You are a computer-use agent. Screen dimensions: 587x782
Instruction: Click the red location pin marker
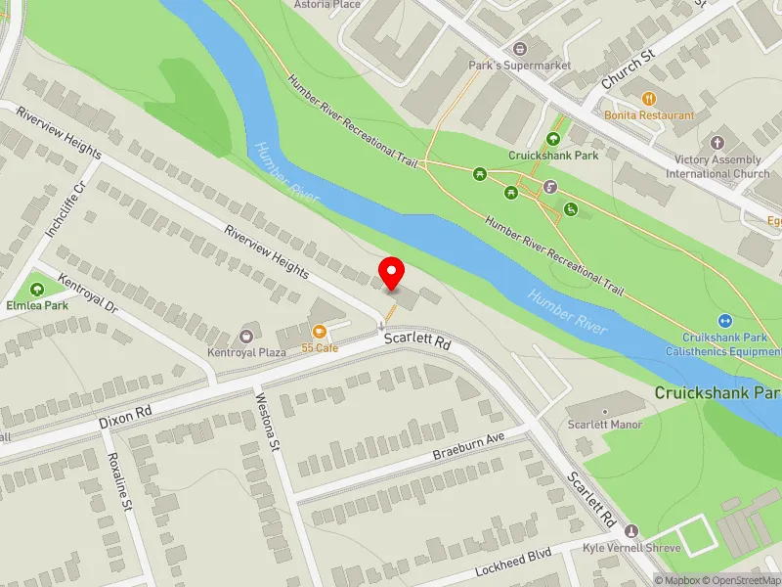(x=392, y=273)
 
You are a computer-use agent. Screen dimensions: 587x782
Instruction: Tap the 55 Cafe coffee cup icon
(x=320, y=331)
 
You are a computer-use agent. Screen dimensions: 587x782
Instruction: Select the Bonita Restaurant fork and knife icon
(x=648, y=98)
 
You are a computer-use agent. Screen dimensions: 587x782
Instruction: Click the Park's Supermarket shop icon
(x=518, y=48)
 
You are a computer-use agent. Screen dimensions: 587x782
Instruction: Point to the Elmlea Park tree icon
(x=37, y=289)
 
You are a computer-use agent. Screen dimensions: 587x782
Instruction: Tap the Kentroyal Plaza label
(x=245, y=351)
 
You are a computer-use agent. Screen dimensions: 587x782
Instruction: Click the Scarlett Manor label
(x=605, y=425)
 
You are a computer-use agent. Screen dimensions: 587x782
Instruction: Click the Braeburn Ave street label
(x=468, y=448)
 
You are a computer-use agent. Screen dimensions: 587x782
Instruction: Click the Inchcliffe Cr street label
(x=65, y=207)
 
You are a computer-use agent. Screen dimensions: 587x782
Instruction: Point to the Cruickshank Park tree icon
(x=555, y=139)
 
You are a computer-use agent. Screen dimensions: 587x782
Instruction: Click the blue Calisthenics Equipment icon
(x=725, y=320)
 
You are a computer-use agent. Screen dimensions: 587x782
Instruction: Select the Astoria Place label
(x=327, y=4)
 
